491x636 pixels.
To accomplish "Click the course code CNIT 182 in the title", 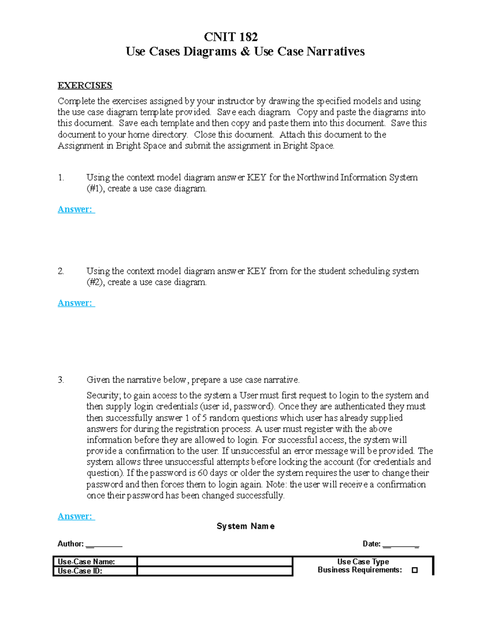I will (231, 37).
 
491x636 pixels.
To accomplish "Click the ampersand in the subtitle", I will (245, 52).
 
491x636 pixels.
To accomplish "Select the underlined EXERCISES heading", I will (85, 86).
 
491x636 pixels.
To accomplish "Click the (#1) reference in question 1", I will (96, 189).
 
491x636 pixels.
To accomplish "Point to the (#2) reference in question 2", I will (96, 282).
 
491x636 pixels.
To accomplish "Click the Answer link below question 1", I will (76, 210).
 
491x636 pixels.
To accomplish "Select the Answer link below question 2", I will (76, 303).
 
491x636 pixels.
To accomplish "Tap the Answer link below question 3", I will (76, 516).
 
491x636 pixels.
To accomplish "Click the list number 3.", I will (61, 380).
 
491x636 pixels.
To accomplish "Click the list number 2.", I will (61, 271).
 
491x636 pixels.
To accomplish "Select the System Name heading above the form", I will (245, 526).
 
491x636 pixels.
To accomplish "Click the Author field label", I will (70, 544).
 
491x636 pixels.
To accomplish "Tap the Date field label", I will (371, 544).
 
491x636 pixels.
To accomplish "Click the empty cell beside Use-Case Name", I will (214, 561).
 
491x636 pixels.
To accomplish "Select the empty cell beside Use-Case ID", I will (214, 571).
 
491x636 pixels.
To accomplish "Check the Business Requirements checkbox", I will (414, 570).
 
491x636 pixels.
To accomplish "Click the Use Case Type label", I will (363, 562).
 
